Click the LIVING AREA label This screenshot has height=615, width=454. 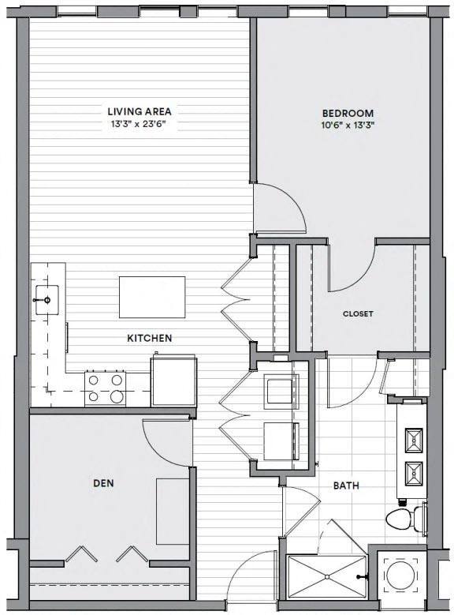140,111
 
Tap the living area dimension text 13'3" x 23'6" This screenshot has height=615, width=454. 140,124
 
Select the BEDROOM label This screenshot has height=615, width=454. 348,113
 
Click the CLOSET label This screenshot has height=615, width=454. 358,313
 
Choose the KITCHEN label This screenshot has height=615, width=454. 150,338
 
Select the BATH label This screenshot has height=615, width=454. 346,486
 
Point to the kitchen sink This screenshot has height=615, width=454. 48,299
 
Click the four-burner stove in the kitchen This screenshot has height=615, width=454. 106,388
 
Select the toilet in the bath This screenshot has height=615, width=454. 404,519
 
